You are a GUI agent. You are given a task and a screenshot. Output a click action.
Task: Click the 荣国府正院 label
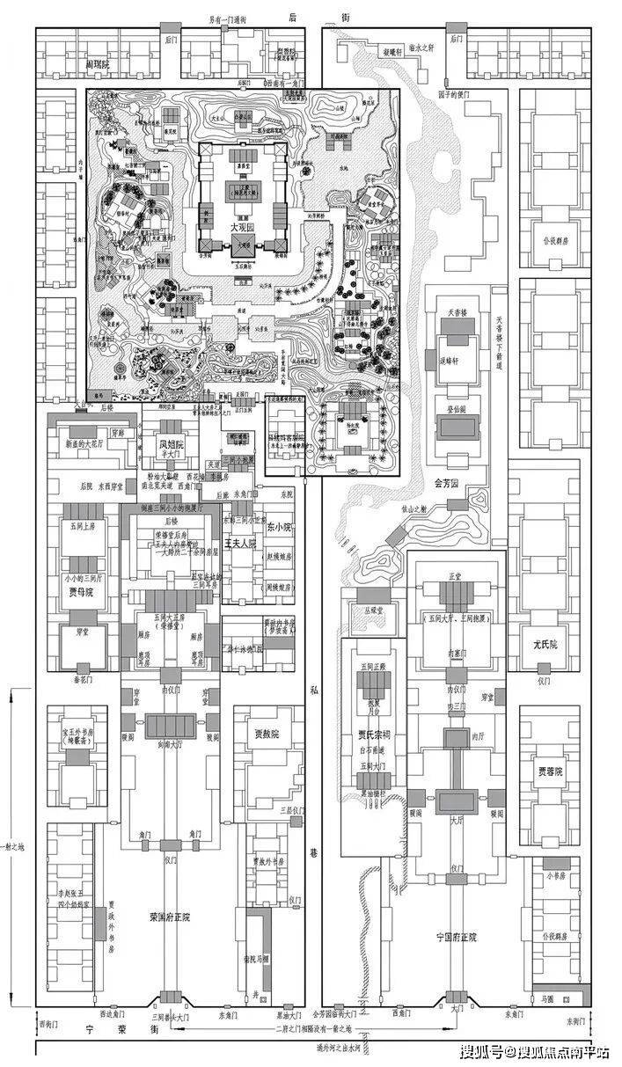pyautogui.click(x=171, y=917)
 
